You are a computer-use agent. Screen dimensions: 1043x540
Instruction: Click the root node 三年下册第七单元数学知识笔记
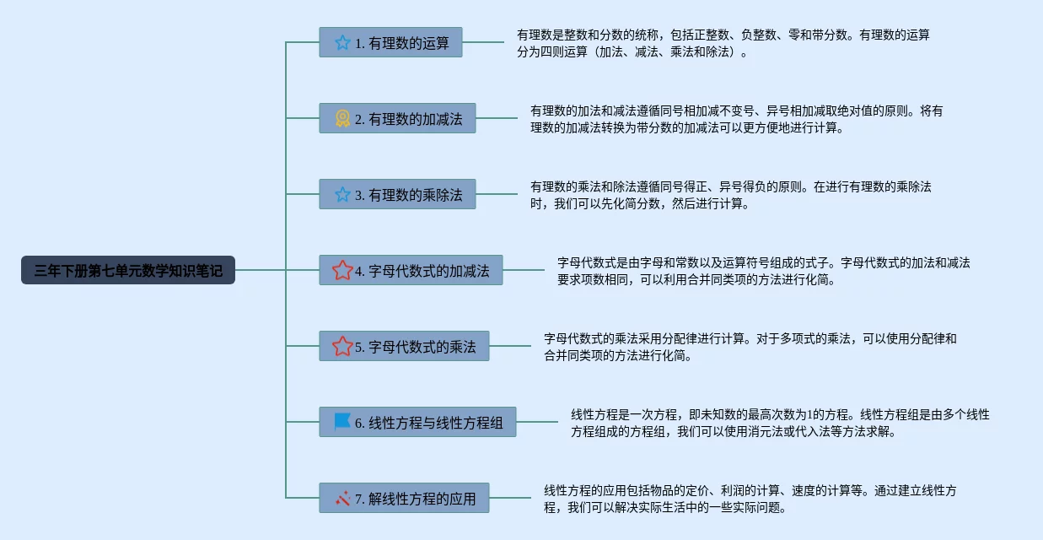pos(128,271)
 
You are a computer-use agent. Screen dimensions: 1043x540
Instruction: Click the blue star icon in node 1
pos(342,42)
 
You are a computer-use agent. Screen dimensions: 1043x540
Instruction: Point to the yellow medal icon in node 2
pos(342,119)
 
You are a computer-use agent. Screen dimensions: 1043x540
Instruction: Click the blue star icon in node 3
pos(342,195)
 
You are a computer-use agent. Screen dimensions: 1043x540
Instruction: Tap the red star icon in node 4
pos(342,271)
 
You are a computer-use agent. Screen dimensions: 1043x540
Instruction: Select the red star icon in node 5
pos(342,346)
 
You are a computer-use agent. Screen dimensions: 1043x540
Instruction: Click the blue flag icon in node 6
pos(342,422)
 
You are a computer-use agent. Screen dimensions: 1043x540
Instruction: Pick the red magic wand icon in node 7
pos(342,498)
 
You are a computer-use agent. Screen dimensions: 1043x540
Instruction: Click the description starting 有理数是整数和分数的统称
pos(723,43)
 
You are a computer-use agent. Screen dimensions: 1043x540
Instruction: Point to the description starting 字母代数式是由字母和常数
pos(763,271)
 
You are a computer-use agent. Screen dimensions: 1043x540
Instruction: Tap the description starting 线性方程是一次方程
pos(780,423)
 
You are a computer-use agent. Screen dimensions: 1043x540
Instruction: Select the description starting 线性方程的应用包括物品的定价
pos(750,499)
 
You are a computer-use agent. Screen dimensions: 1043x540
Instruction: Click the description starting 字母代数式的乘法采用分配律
pos(750,347)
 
